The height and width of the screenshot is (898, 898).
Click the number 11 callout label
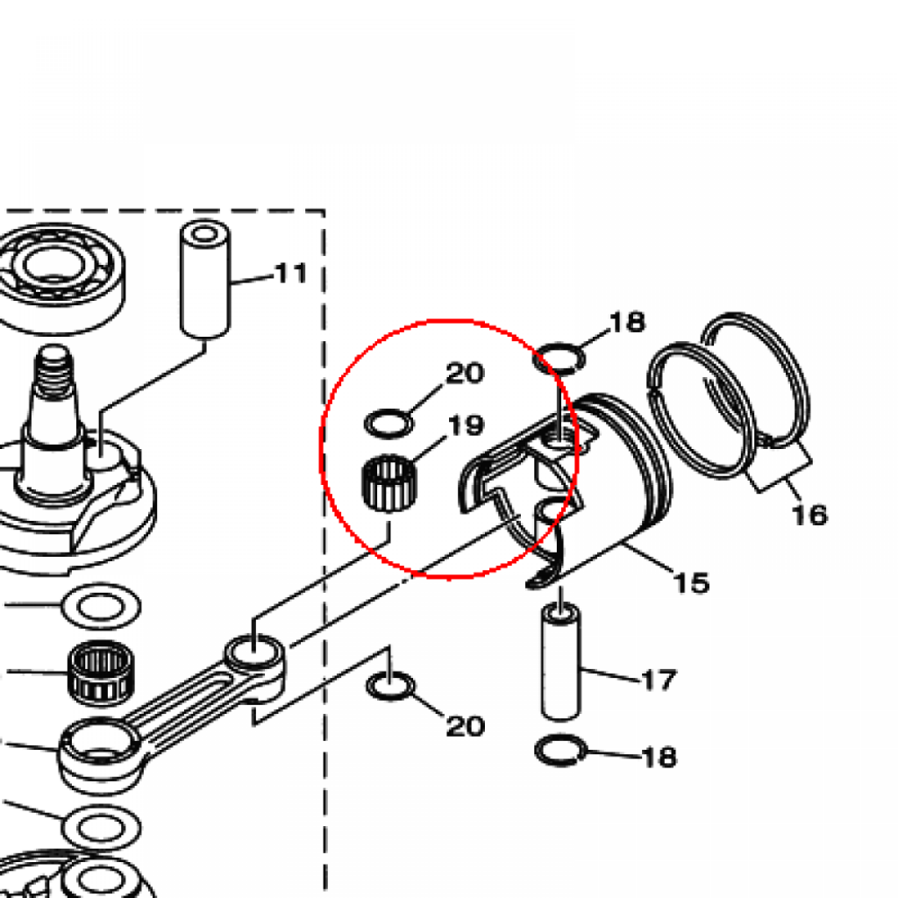[x=291, y=274]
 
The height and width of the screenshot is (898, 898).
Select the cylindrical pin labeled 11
[x=205, y=279]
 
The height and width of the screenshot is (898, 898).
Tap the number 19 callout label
[x=466, y=425]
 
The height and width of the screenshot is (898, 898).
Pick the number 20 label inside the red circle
[x=465, y=374]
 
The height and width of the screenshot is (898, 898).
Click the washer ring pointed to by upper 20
[x=388, y=424]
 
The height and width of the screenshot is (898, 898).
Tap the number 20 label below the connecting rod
[x=465, y=726]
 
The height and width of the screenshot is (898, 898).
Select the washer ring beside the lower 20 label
[x=390, y=686]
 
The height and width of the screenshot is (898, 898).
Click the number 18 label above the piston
[x=628, y=323]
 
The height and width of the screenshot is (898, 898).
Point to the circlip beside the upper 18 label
[x=559, y=359]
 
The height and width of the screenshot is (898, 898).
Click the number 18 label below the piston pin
[x=659, y=757]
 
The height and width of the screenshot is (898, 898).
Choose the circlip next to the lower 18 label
[x=560, y=751]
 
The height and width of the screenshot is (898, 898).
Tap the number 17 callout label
[x=659, y=680]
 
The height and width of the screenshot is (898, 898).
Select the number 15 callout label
[x=691, y=582]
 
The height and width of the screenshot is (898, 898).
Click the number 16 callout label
[x=809, y=514]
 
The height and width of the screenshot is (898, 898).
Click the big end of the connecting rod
[x=100, y=747]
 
